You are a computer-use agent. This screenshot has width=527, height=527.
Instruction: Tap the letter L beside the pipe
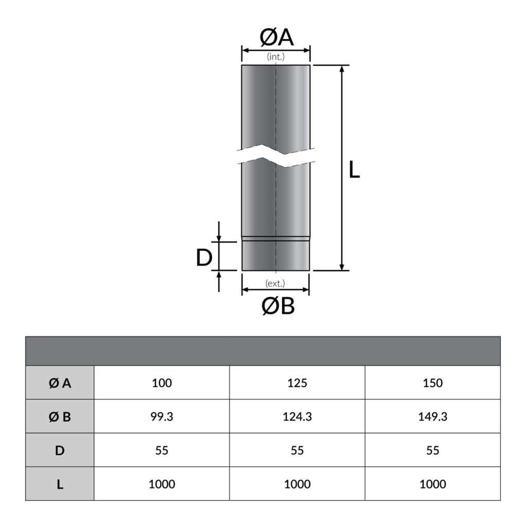(354, 170)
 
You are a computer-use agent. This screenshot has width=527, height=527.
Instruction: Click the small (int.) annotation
(276, 57)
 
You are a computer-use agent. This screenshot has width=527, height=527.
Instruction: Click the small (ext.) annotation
(275, 283)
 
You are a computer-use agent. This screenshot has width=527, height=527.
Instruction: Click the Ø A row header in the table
(60, 383)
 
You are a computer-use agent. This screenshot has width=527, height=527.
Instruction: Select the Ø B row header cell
(60, 417)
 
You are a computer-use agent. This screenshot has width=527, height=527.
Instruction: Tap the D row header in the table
(60, 450)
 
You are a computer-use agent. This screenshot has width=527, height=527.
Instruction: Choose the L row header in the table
(60, 484)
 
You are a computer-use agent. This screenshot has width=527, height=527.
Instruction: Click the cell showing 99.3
(162, 417)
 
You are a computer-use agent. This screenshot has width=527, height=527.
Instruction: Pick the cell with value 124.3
(297, 417)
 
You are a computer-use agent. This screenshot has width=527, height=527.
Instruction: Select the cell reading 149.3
(432, 417)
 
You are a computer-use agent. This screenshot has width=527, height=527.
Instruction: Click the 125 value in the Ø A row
(297, 383)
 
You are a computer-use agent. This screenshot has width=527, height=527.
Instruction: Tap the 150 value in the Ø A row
(432, 383)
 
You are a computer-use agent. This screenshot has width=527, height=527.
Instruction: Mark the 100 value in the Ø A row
(162, 383)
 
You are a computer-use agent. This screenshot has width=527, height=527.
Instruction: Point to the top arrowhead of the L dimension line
(342, 69)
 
